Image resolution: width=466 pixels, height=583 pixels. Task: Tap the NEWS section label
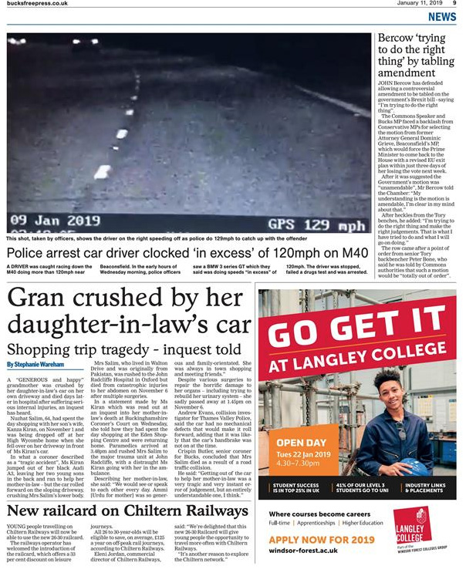(442, 17)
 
